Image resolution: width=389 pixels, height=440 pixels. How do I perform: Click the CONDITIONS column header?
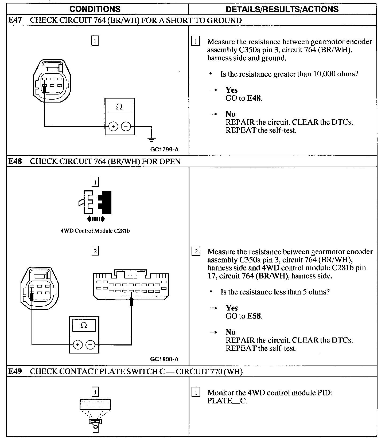95,9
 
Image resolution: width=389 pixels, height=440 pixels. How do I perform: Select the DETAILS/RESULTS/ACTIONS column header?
282,9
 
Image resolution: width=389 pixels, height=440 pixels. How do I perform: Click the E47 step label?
15,21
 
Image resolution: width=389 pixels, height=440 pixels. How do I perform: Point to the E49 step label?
15,371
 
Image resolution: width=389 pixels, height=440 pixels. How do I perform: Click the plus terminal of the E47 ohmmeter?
113,126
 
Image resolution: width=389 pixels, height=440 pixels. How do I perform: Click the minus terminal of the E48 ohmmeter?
90,345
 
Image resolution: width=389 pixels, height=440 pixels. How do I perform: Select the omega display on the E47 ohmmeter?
119,107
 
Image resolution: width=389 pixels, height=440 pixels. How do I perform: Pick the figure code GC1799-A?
164,150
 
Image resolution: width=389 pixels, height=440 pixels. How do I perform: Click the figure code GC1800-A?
164,359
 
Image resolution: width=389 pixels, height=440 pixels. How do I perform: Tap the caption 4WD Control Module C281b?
95,231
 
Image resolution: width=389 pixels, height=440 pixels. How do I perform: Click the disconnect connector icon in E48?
95,202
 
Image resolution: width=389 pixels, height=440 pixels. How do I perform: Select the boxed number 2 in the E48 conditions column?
95,251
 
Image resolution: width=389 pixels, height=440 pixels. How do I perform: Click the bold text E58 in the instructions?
254,316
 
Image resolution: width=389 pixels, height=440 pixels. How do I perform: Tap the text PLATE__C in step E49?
227,401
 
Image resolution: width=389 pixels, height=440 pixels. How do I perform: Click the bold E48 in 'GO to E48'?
254,98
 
